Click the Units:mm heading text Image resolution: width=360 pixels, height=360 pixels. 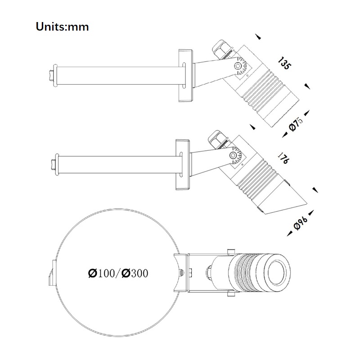[x=62, y=27]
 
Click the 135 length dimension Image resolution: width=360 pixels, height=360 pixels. [x=284, y=63]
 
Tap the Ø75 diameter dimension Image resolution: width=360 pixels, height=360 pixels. [x=296, y=125]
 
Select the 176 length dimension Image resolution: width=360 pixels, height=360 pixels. [x=283, y=158]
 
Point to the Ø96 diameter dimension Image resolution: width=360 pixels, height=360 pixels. [x=301, y=223]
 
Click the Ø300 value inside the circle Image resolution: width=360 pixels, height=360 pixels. [x=135, y=273]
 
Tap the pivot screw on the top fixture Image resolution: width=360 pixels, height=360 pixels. [x=238, y=66]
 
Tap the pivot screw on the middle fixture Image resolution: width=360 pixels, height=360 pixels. [x=233, y=156]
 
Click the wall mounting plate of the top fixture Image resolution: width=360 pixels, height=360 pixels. [x=186, y=75]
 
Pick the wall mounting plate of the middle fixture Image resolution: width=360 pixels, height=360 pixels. [x=183, y=164]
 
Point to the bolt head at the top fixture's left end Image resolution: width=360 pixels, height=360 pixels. [x=51, y=75]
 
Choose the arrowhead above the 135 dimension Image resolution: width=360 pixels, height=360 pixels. [x=258, y=37]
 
